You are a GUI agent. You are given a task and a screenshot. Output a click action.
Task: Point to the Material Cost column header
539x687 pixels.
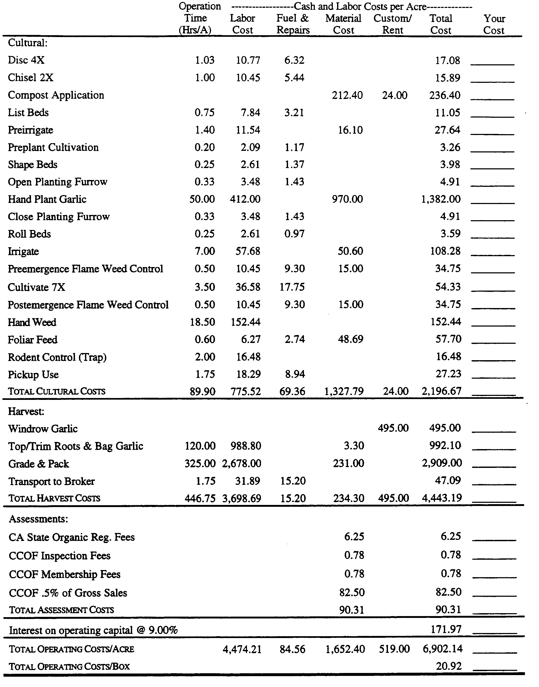(343, 24)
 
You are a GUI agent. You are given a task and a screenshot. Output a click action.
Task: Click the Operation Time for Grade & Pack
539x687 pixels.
(200, 464)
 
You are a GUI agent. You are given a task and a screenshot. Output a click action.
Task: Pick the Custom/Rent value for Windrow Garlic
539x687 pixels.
(393, 428)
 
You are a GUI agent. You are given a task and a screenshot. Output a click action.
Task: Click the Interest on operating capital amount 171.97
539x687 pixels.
(446, 629)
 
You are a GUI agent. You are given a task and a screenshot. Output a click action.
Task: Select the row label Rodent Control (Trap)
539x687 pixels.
(57, 357)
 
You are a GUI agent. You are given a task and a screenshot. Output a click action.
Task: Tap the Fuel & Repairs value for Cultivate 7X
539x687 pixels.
(292, 287)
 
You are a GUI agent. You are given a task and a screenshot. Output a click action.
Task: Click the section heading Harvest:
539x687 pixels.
(26, 411)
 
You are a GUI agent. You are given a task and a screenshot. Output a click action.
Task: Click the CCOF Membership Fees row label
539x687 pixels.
(65, 574)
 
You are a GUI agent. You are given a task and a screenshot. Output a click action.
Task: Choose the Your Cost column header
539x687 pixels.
(494, 24)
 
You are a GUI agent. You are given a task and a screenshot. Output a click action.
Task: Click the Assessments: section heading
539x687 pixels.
(38, 519)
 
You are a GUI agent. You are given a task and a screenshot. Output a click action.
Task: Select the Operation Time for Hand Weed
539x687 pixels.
(202, 322)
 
